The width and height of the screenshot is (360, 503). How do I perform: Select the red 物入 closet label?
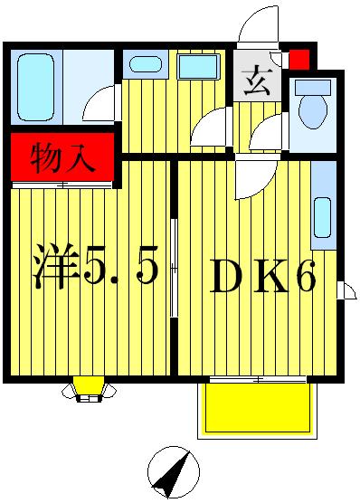click(62, 160)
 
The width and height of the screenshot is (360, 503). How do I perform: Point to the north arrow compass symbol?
click(172, 471)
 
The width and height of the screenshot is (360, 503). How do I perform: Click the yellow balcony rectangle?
click(257, 410)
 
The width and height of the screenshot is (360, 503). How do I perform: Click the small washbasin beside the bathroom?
click(141, 64)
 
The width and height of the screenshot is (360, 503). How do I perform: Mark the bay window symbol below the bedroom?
click(90, 388)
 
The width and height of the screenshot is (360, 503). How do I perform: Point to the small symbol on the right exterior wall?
click(347, 290)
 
